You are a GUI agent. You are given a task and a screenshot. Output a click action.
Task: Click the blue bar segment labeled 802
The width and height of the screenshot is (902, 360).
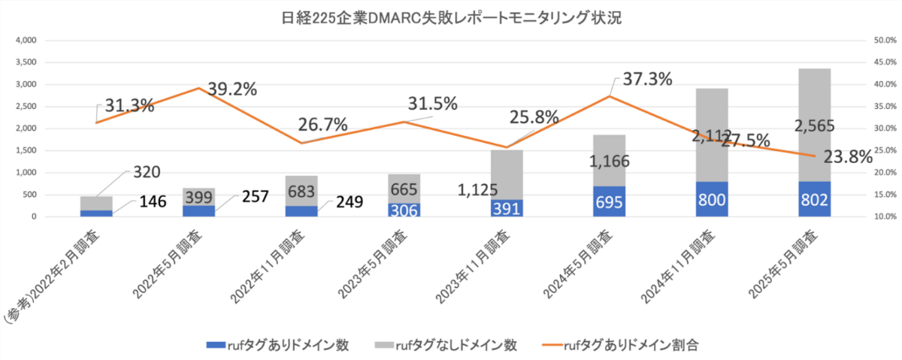814,199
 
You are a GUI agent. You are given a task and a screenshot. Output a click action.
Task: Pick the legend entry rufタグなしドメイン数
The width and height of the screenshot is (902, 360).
446,345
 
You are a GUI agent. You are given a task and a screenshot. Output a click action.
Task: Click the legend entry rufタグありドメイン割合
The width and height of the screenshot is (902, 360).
622,345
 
